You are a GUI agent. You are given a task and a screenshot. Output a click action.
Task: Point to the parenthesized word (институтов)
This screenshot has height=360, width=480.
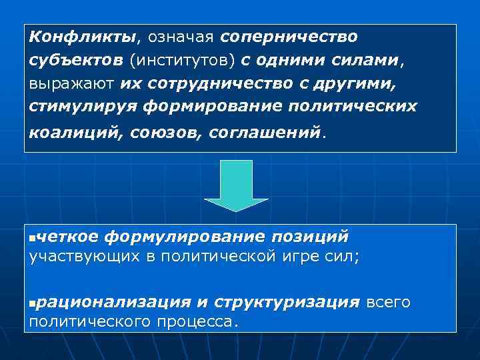182,61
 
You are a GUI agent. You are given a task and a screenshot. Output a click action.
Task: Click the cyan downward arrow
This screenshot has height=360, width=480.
236,185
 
